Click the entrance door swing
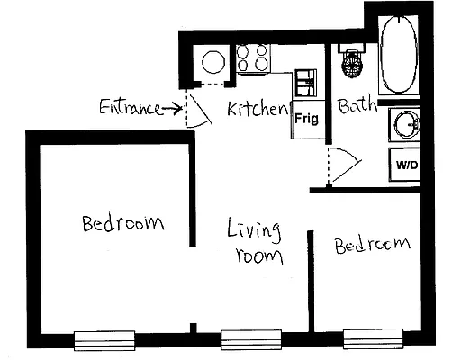point(194,109)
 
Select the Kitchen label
point(258,110)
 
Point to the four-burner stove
point(254,58)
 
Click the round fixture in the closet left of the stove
point(214,62)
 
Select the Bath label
point(357,106)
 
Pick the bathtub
point(398,56)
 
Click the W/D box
point(407,165)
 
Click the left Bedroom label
point(122,222)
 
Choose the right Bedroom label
point(372,245)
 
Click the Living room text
point(255,241)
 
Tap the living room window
point(252,339)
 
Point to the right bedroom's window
point(372,338)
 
